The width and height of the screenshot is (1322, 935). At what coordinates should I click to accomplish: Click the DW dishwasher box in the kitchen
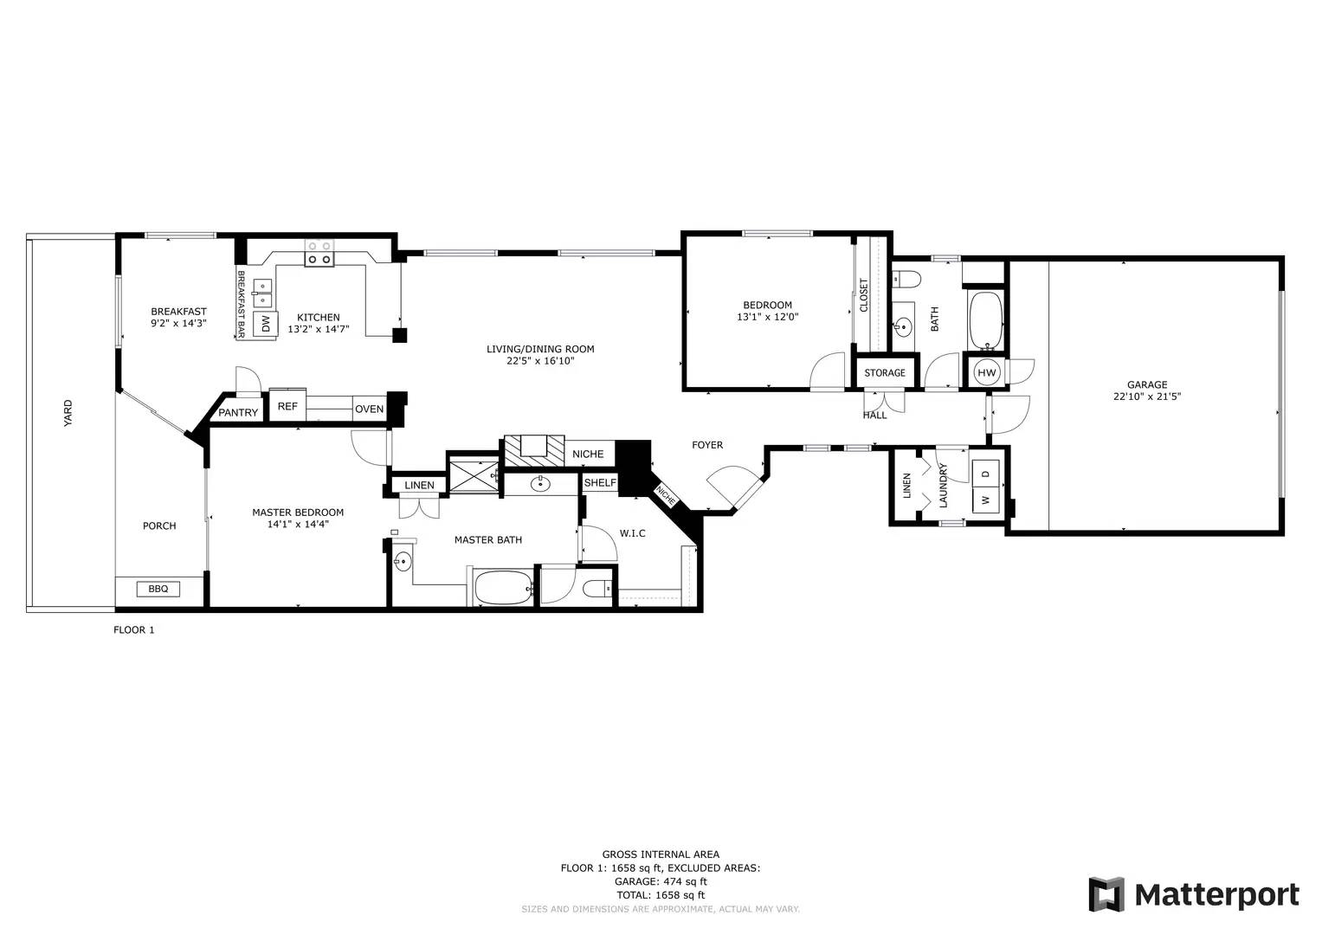pos(265,323)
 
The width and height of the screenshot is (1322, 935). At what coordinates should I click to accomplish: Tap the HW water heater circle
pos(986,372)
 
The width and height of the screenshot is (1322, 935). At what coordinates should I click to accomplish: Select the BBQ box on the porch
pos(158,589)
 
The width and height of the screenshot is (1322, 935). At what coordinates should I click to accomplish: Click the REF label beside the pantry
pos(287,406)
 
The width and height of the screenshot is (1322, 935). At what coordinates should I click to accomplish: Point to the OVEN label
pos(369,409)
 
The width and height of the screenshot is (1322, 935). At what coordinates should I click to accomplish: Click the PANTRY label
pos(238,412)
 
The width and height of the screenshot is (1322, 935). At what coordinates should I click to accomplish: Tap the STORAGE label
pos(885,372)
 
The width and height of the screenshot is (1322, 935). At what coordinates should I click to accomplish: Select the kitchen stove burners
pos(319,253)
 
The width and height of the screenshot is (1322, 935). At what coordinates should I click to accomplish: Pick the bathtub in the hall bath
pos(985,319)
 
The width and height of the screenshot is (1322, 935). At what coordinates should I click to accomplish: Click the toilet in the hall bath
pos(906,278)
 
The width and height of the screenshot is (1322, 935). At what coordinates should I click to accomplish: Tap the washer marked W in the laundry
pos(985,500)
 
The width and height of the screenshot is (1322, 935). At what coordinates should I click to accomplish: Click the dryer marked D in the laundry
pos(985,474)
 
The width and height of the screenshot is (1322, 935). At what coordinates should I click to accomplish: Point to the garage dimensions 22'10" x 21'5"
pos(1147,397)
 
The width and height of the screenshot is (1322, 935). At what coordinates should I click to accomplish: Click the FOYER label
pos(707,445)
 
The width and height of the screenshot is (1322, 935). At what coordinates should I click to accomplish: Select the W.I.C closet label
pos(632,533)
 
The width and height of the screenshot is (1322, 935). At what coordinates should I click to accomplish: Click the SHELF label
pos(600,482)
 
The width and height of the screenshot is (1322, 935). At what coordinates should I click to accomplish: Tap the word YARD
pos(68,413)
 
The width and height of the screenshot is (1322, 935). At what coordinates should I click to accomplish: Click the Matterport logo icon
pos(1106,894)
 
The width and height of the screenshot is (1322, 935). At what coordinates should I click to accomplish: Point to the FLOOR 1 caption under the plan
pos(133,630)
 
